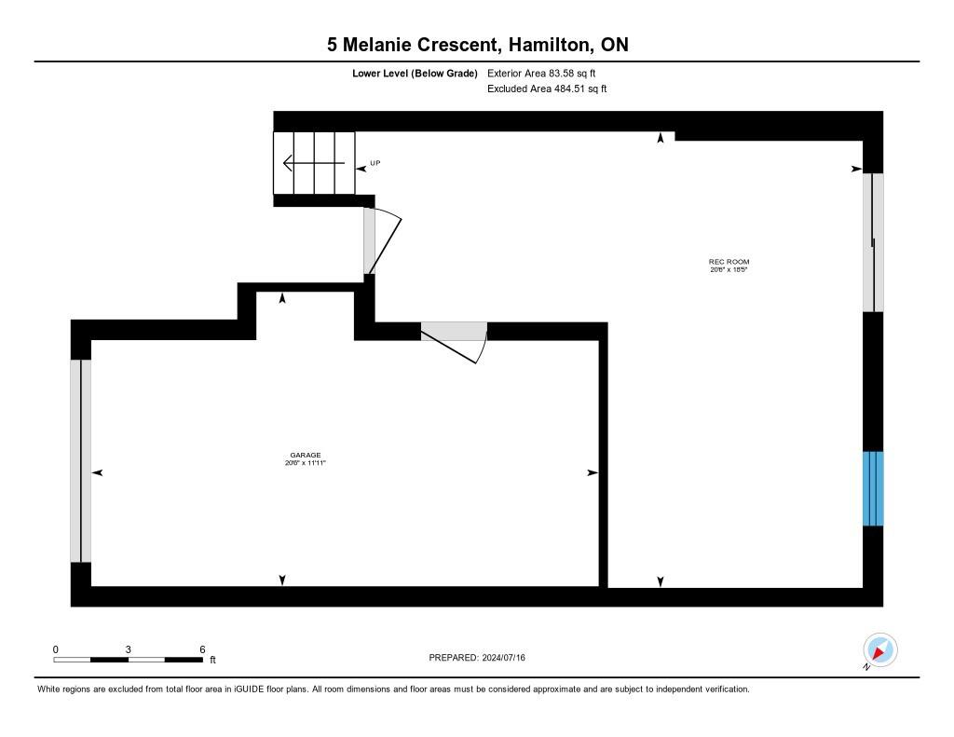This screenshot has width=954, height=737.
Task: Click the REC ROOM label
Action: click(x=729, y=262)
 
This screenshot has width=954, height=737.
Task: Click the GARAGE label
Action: click(x=305, y=456)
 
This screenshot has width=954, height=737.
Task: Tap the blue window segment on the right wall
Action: click(x=873, y=488)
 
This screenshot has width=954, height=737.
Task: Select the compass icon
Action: click(x=879, y=649)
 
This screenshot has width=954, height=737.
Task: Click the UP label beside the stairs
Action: click(x=375, y=163)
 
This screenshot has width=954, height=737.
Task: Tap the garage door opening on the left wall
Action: click(x=81, y=460)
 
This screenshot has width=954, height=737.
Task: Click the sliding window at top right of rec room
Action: click(x=873, y=242)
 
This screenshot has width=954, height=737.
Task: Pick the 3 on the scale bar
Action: click(x=129, y=648)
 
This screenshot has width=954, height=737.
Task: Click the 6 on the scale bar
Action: click(x=202, y=648)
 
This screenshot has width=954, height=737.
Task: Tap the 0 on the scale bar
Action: click(x=55, y=648)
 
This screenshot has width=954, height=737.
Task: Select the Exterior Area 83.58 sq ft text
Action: click(x=541, y=73)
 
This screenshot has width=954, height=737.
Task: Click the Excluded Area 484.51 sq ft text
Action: click(x=547, y=89)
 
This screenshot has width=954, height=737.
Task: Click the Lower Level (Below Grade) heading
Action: click(x=415, y=73)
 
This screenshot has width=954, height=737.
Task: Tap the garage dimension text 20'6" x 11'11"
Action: click(x=305, y=463)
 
